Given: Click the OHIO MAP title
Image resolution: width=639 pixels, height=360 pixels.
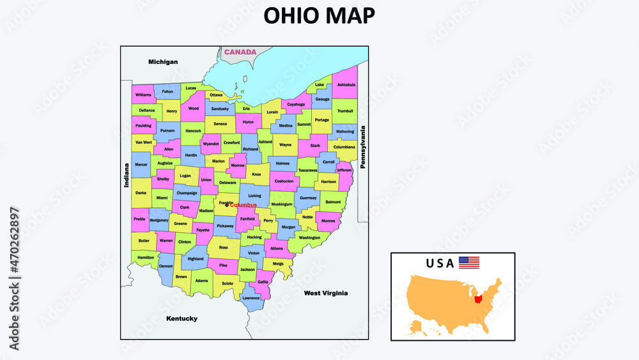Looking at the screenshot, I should (x=319, y=15).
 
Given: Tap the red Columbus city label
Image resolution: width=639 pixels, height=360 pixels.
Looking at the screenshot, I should (x=243, y=205).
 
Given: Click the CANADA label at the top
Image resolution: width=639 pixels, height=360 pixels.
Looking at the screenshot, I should (x=240, y=52).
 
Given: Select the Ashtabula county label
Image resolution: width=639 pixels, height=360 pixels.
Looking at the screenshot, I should (x=346, y=85).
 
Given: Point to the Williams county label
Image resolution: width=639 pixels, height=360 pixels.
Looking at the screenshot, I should (x=144, y=95).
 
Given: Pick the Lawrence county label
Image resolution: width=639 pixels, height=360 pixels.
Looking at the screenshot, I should (x=251, y=298).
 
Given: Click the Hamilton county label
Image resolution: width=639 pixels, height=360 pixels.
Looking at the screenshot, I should (x=146, y=257).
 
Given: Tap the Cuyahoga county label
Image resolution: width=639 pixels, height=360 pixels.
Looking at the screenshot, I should (x=296, y=104).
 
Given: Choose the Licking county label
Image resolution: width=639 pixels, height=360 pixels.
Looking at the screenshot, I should (x=254, y=196).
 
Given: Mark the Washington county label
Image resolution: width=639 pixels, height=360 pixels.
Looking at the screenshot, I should (x=309, y=237).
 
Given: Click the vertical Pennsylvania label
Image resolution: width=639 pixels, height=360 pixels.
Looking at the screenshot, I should (x=362, y=146).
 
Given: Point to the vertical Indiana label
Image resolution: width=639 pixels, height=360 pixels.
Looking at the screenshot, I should (x=126, y=175).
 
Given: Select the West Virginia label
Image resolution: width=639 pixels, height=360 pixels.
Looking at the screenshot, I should (x=326, y=293).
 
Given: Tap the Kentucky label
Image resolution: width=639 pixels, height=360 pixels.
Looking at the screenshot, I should (x=181, y=318).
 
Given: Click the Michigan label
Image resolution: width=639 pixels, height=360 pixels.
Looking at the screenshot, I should (x=163, y=62).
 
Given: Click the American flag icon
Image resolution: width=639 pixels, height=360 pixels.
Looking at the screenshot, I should (x=469, y=262).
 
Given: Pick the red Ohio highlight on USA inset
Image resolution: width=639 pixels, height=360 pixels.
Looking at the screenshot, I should (x=479, y=299).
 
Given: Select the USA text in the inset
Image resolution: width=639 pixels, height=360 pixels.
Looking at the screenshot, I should (x=440, y=263).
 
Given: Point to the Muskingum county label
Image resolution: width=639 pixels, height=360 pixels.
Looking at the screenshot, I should (x=282, y=205).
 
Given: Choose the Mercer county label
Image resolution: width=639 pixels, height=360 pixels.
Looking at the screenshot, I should (x=141, y=165).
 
